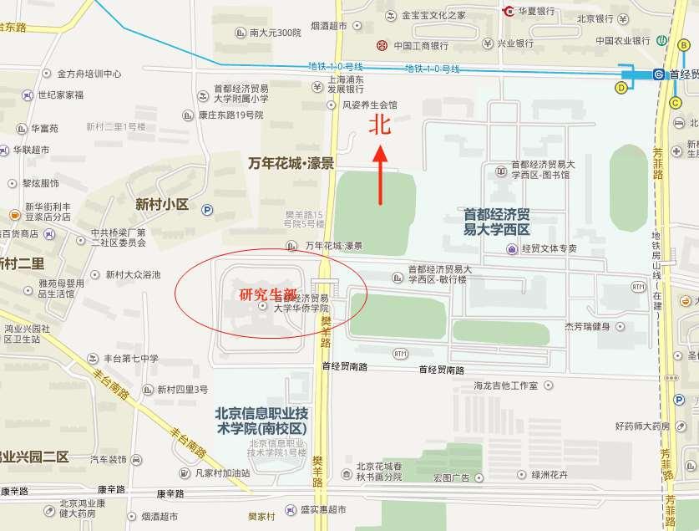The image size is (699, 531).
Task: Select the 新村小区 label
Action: coord(162,204)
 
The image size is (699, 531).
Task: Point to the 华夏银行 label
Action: coord(537,11)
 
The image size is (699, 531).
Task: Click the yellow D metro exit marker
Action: coord(621,87)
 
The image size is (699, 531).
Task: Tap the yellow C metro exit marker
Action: coord(675,103)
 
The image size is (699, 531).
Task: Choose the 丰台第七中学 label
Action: coord(129,359)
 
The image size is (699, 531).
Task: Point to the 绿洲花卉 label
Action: coord(549,476)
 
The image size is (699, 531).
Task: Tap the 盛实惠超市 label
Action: coord(323,509)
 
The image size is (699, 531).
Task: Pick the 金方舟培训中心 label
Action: coord(89,74)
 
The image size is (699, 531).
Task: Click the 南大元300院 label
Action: coord(275,33)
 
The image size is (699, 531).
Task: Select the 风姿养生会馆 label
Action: coord(370,106)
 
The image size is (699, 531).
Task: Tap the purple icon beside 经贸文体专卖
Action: coord(511,248)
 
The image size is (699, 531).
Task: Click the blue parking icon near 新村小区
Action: coord(207,211)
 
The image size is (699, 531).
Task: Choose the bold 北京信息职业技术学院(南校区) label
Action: coord(261,420)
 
